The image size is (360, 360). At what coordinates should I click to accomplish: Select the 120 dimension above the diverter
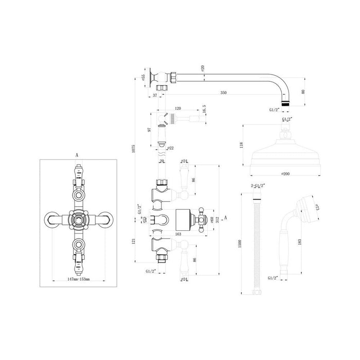177,109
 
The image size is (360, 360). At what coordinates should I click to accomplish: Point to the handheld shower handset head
307,207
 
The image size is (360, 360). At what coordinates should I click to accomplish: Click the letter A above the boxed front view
77,153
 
